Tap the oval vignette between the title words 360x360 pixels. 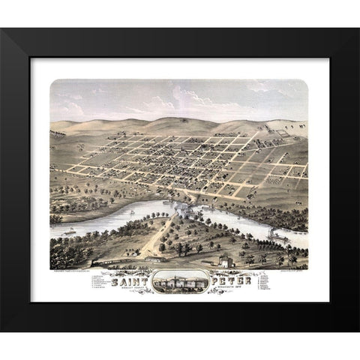pyautogui.click(x=180, y=283)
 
